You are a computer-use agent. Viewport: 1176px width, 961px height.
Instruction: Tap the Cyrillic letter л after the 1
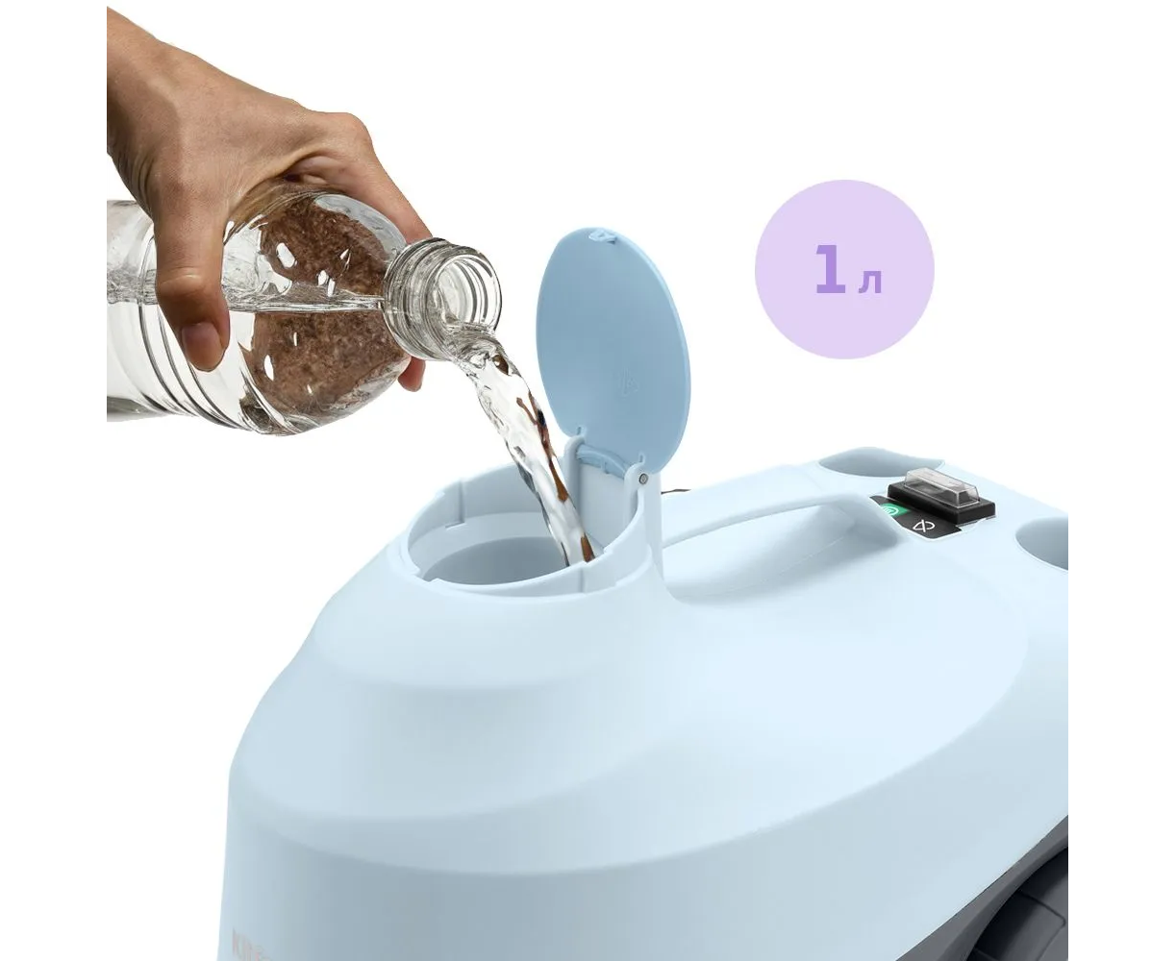pyautogui.click(x=870, y=283)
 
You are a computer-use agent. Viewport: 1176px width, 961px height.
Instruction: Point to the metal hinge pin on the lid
pyautogui.click(x=643, y=479)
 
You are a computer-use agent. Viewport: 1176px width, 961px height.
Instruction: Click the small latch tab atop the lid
pyautogui.click(x=603, y=234)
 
